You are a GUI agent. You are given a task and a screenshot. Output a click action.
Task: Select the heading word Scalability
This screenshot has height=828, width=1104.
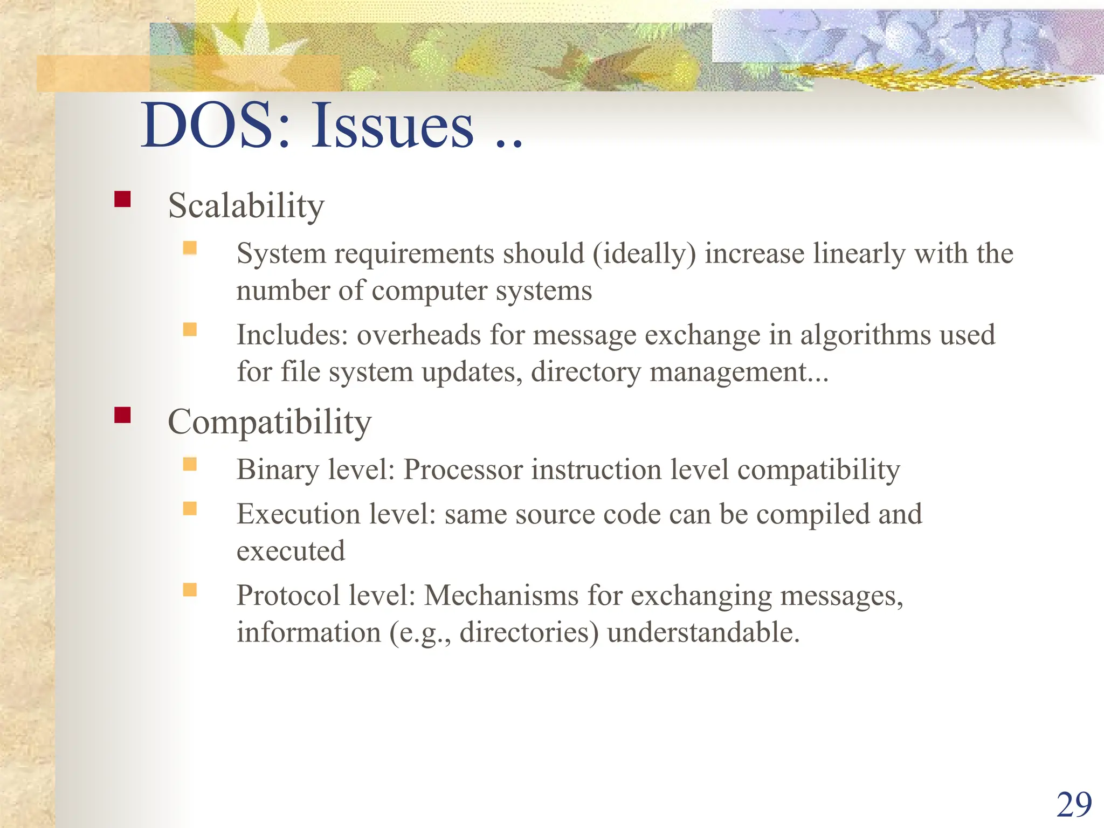[246, 206]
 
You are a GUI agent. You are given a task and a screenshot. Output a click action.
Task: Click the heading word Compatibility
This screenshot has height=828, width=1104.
[270, 422]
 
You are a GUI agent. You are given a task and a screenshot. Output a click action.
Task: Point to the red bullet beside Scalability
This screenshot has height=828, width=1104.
[122, 199]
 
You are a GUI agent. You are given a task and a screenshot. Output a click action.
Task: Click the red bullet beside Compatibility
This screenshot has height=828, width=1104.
[122, 415]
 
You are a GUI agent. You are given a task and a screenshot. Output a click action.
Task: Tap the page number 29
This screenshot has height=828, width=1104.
[1074, 805]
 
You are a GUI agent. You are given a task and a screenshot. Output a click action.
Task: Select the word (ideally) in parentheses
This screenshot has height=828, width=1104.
[644, 253]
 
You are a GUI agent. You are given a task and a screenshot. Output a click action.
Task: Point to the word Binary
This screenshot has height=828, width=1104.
[278, 470]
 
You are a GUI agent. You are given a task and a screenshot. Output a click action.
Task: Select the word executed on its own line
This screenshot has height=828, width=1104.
[291, 551]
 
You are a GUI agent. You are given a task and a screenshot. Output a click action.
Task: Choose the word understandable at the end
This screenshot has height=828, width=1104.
[703, 632]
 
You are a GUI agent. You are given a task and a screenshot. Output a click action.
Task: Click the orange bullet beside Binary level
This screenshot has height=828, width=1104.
[190, 464]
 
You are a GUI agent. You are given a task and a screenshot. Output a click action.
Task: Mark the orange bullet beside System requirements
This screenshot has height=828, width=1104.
[190, 248]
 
